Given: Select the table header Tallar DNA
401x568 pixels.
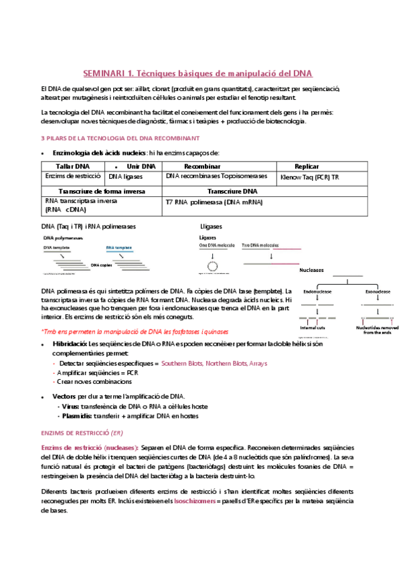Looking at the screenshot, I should point(71,166).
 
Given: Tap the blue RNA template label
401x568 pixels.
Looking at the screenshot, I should point(118,247).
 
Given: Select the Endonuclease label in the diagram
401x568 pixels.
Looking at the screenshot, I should point(316,292).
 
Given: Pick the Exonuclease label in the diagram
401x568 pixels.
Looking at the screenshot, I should point(378,292).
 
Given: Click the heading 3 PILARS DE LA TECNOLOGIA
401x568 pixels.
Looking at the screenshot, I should point(120,138).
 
